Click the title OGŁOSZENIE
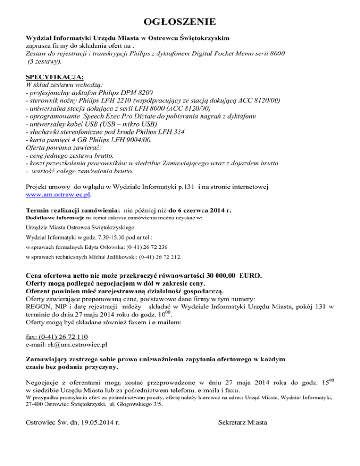coord(180,22)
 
